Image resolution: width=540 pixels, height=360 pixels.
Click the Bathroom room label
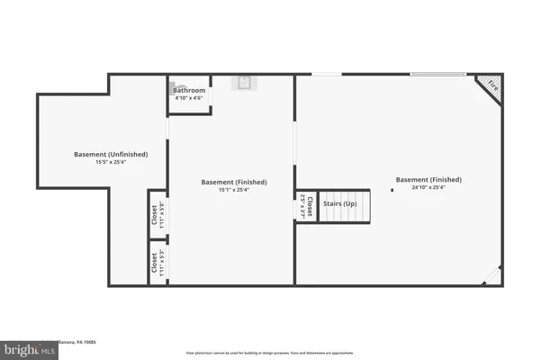[x=189, y=91]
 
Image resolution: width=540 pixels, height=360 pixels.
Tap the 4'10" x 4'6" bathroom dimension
[x=189, y=98]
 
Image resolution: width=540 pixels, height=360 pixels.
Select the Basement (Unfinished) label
[x=111, y=154]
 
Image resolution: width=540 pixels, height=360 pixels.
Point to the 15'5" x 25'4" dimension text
[x=111, y=162]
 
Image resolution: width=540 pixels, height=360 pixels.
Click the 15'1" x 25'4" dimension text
[x=231, y=189]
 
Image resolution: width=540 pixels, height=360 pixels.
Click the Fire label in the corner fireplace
[x=492, y=86]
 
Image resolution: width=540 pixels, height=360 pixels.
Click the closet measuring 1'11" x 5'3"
[x=157, y=262]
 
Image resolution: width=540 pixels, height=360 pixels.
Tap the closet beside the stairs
[x=305, y=207]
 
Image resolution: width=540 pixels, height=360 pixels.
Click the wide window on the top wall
[x=442, y=75]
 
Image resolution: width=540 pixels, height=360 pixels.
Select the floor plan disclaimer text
[x=269, y=353]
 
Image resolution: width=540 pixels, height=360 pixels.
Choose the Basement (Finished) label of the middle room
[x=231, y=181]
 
